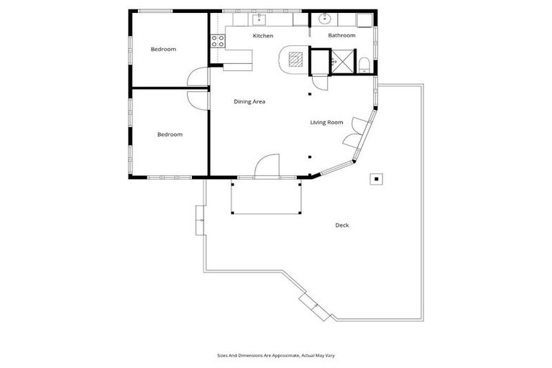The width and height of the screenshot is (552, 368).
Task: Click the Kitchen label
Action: [x=263, y=35]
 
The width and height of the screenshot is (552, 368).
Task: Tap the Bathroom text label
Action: [x=341, y=35]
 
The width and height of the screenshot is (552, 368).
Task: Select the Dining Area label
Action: [x=249, y=101]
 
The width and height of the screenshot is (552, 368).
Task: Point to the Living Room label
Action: [x=326, y=122]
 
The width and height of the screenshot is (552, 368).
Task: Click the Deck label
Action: [x=342, y=225]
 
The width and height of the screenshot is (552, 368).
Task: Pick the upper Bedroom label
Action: [x=163, y=49]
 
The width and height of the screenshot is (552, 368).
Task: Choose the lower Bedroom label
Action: [x=170, y=134]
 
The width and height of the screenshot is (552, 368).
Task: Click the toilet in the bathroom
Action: [x=364, y=65]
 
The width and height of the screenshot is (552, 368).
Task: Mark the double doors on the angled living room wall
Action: [x=354, y=139]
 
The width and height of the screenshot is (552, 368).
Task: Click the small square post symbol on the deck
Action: [x=376, y=178]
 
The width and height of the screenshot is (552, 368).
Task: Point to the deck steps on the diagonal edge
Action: [x=314, y=305]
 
